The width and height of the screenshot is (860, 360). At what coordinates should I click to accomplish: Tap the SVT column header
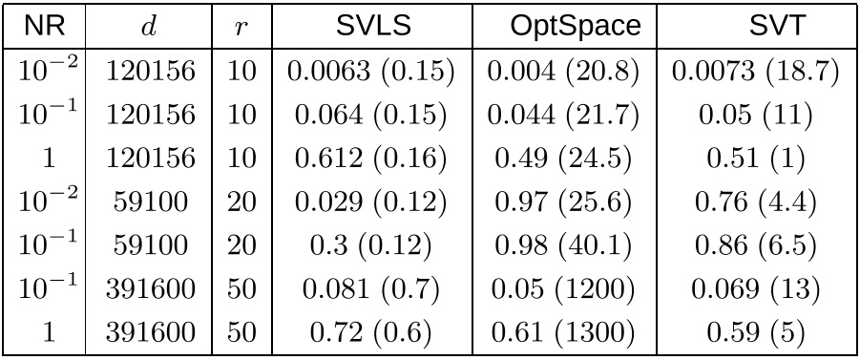point(755,26)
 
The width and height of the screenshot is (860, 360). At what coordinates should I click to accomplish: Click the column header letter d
point(146,26)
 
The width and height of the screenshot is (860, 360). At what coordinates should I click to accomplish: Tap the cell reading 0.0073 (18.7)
point(755,71)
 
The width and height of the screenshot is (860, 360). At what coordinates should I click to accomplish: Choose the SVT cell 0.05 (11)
point(755,115)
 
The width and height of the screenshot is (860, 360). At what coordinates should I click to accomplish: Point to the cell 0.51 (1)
point(755,158)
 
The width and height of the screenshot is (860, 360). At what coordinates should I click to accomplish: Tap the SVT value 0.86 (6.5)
point(755,245)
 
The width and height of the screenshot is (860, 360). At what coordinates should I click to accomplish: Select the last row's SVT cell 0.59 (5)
point(755,332)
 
